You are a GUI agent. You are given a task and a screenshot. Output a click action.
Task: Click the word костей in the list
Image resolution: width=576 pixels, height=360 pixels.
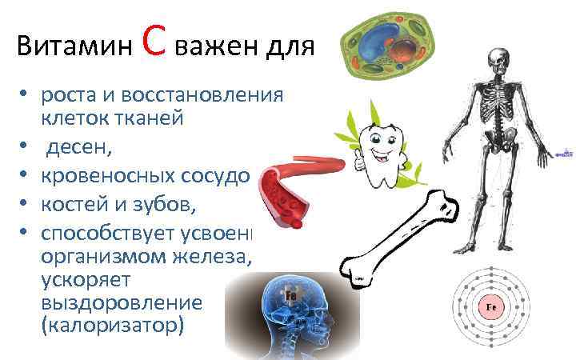click(75, 205)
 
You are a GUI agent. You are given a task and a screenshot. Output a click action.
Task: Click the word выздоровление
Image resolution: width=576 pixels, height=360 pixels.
click(122, 304)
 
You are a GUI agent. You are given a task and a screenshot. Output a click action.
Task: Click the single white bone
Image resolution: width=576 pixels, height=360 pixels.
click(400, 236)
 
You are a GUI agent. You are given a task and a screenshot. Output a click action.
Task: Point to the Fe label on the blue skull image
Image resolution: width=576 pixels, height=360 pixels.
click(291, 295)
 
